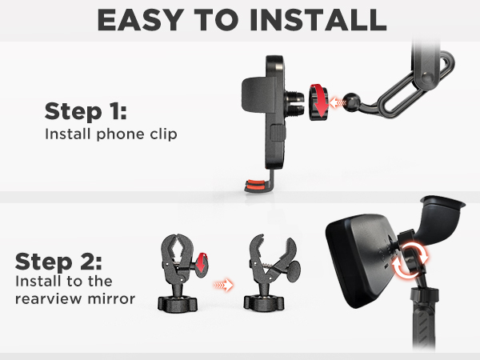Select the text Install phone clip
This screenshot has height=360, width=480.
point(110,134)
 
